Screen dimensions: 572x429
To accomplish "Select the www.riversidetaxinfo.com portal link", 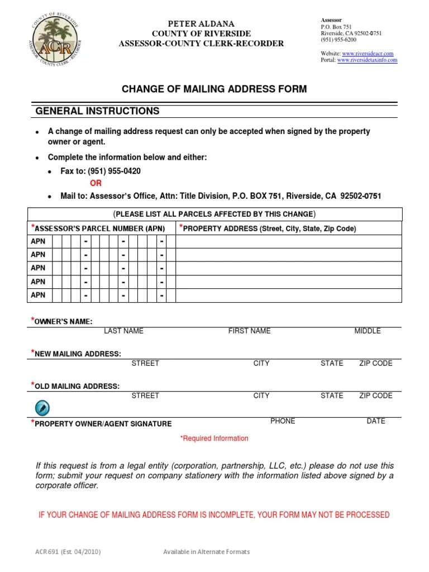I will (x=367, y=60).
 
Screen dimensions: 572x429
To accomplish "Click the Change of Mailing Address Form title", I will (x=214, y=89).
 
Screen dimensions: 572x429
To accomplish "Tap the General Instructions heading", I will (x=98, y=111).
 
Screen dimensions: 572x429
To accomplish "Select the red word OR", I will (x=96, y=183).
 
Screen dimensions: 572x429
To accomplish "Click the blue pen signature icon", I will (x=42, y=407).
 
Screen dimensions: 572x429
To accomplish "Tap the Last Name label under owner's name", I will (x=123, y=331).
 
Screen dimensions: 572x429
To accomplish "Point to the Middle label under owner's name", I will (x=368, y=331).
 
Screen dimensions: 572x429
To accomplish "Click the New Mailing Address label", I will (x=77, y=354).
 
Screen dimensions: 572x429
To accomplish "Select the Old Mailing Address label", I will (x=77, y=386).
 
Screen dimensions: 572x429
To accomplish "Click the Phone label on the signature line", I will (x=283, y=421).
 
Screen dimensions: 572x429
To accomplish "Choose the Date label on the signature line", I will (x=376, y=421).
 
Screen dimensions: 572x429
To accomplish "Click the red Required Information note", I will (x=214, y=438).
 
